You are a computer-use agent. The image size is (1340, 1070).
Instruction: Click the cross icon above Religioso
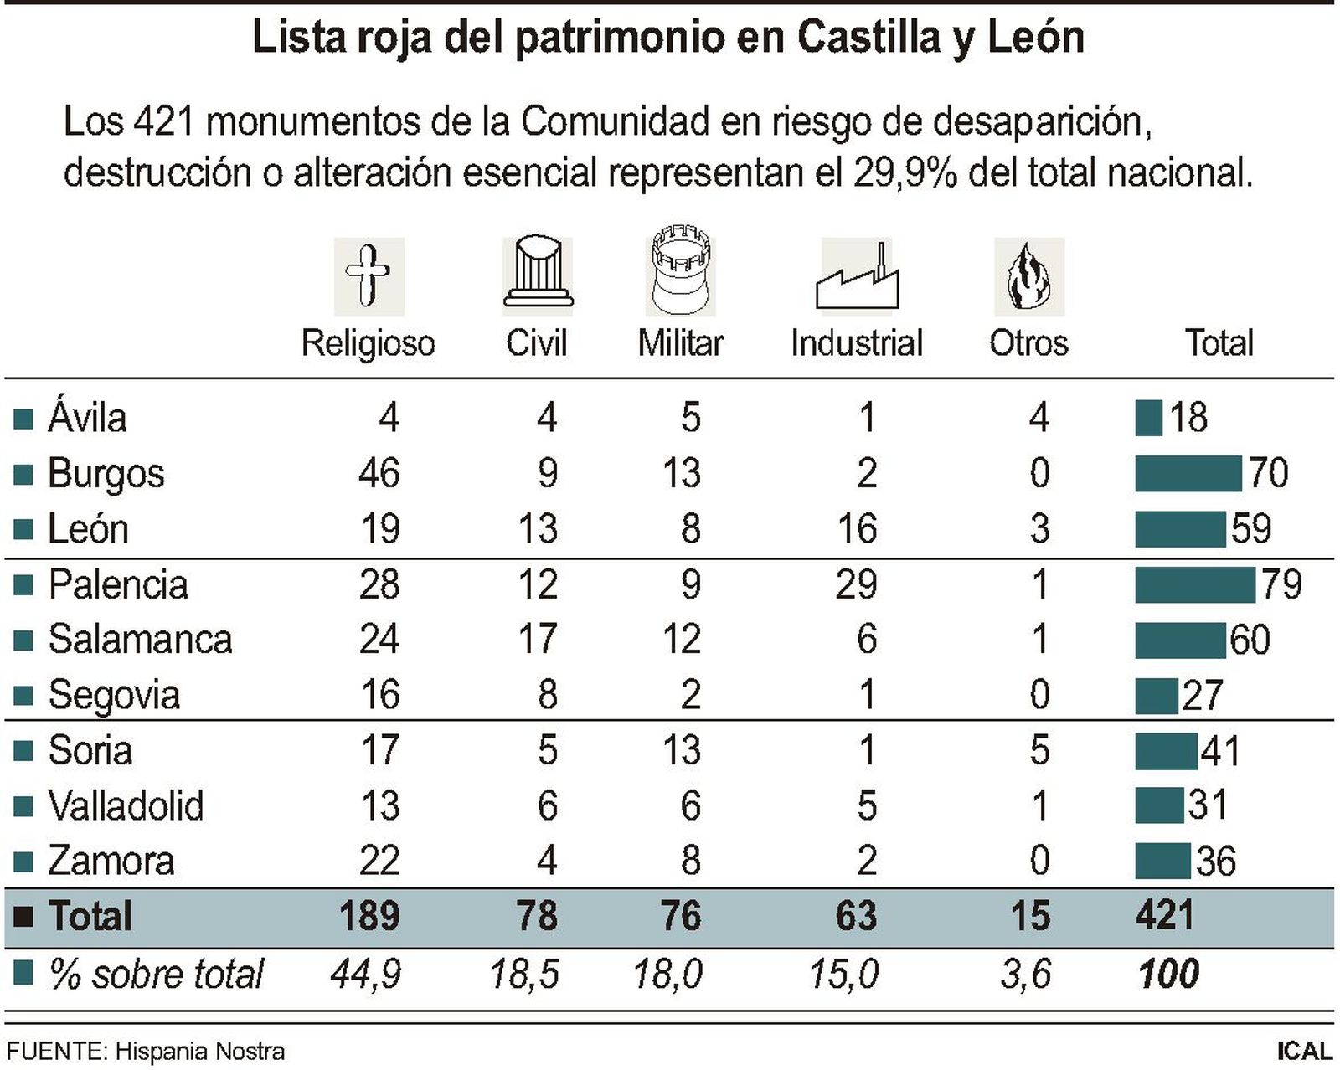coord(368,275)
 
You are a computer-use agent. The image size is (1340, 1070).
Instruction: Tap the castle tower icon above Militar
coord(680,270)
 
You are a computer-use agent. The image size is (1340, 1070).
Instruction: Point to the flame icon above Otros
coord(1028,277)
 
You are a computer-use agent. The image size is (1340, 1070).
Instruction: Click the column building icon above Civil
coord(537,273)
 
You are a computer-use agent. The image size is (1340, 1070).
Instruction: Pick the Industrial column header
coord(856,343)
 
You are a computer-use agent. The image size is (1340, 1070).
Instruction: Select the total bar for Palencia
coord(1194,584)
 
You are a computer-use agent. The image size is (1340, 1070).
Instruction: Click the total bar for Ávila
coord(1148,418)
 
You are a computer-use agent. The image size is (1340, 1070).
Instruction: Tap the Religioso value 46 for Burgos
coord(379,473)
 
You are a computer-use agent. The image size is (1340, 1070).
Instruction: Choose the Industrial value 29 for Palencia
coord(856,584)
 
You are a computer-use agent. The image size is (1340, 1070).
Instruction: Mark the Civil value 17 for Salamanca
coord(537,640)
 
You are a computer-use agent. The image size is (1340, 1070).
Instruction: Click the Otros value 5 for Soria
coord(1038,750)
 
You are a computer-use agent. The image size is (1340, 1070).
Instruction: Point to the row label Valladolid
coord(126,805)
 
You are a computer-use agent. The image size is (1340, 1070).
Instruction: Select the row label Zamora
coord(111,861)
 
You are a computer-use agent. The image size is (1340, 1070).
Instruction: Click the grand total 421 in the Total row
coord(1164,916)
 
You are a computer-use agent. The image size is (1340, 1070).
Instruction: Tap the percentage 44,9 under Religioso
coord(366,974)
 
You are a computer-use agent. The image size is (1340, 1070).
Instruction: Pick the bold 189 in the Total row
coord(368,916)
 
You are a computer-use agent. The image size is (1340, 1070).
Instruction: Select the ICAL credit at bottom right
coord(1303,1052)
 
